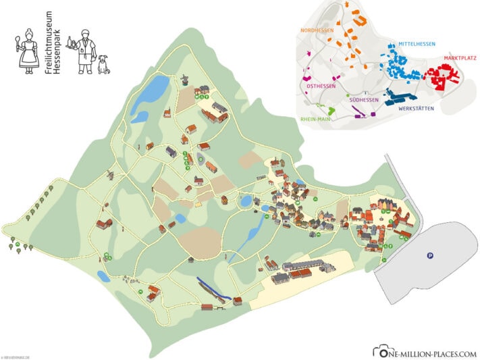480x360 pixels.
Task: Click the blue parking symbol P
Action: (x=429, y=255)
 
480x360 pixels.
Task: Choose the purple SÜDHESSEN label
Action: (x=365, y=100)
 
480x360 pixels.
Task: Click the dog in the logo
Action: (x=103, y=65)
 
